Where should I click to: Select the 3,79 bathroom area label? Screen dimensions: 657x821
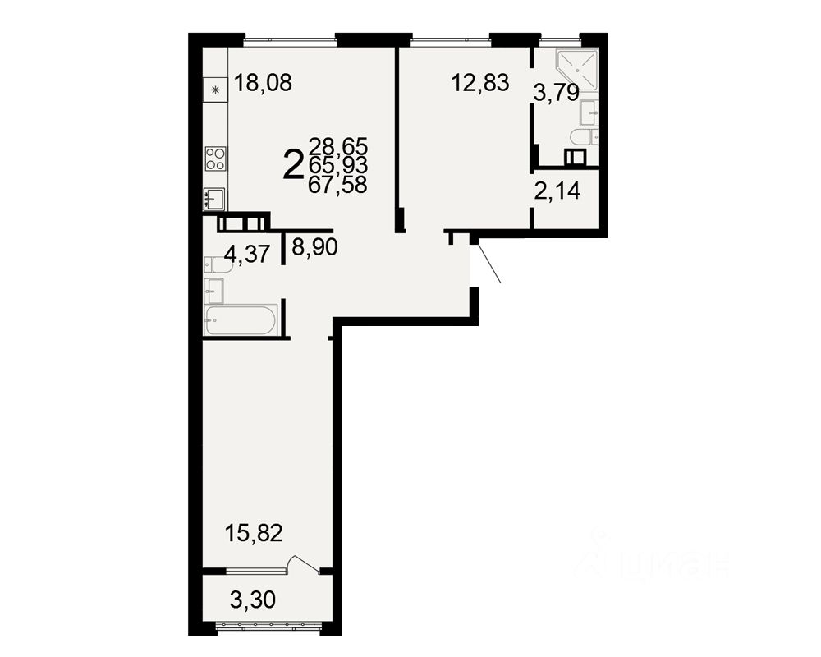pyautogui.click(x=557, y=93)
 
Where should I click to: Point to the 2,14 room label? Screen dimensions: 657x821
pyautogui.click(x=557, y=192)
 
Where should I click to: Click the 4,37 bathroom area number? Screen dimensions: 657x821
pyautogui.click(x=247, y=255)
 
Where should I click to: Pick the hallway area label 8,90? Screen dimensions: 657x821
pyautogui.click(x=315, y=246)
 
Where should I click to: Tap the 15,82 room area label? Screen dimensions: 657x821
pyautogui.click(x=254, y=533)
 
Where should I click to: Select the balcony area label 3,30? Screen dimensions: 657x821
pyautogui.click(x=253, y=600)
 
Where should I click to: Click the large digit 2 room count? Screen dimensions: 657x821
pyautogui.click(x=292, y=165)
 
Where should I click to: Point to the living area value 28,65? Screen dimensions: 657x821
pyautogui.click(x=337, y=147)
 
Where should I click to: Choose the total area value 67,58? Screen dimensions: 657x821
pyautogui.click(x=337, y=185)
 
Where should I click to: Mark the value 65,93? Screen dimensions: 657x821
pyautogui.click(x=337, y=166)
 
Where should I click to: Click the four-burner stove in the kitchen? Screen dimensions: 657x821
pyautogui.click(x=215, y=159)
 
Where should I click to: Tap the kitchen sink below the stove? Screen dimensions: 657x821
pyautogui.click(x=214, y=198)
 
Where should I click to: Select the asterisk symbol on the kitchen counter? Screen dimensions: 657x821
pyautogui.click(x=216, y=90)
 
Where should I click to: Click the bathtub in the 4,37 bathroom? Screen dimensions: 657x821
pyautogui.click(x=241, y=320)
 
